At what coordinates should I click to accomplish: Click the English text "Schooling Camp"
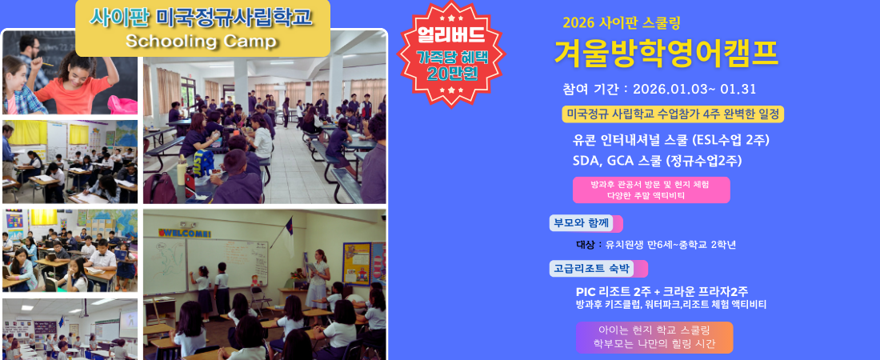[201, 41]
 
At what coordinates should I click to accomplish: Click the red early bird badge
[451, 54]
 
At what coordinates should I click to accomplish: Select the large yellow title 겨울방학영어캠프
[666, 54]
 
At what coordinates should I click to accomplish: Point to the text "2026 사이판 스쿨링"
[622, 23]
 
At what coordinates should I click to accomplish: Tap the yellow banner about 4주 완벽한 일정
[673, 114]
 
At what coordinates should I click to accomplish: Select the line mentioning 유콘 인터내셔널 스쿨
[670, 140]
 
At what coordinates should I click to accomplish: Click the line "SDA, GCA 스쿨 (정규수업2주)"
[657, 161]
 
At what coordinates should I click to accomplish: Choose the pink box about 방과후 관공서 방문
[651, 190]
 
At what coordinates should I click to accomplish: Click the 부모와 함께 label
[586, 223]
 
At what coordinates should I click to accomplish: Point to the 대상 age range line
[655, 245]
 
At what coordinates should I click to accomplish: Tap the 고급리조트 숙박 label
[598, 269]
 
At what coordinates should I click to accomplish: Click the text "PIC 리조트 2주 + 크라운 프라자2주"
[662, 292]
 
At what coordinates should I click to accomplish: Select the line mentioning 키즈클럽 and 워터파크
[670, 305]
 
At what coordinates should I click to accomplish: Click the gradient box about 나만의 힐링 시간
[654, 337]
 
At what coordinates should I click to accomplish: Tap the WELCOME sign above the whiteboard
[185, 232]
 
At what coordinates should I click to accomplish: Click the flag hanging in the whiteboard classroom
[288, 238]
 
